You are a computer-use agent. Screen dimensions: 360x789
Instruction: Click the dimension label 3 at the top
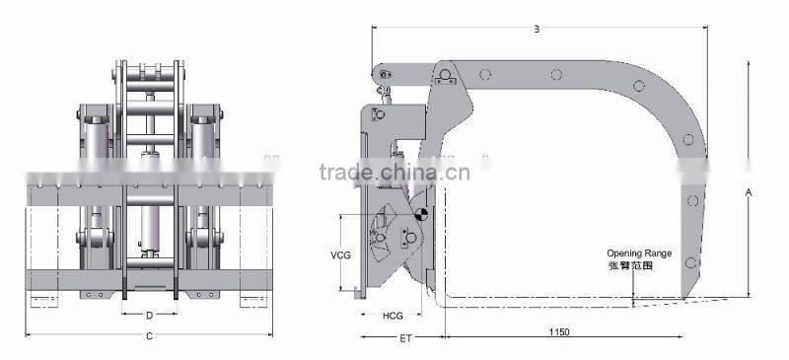[536, 30]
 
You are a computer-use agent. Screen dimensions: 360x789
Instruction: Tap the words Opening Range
[638, 253]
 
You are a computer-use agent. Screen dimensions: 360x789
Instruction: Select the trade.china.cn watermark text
[394, 175]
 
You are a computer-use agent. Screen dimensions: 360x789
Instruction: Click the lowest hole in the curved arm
[693, 260]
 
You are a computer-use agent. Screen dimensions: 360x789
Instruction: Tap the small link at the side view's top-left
[387, 75]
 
